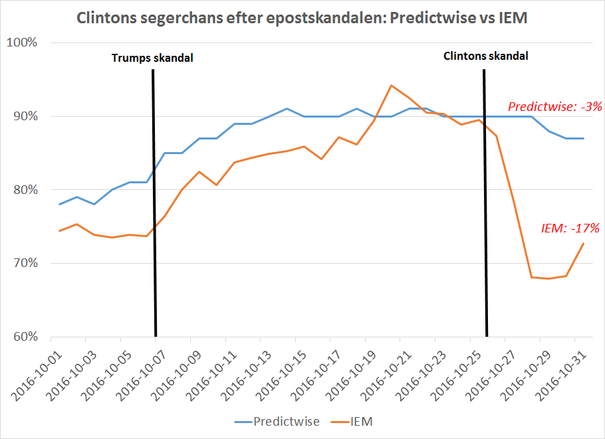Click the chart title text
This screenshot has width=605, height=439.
tap(302, 18)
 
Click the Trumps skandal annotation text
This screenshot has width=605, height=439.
tap(152, 58)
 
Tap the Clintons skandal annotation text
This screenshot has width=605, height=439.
tap(486, 56)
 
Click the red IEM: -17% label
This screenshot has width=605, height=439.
tap(571, 228)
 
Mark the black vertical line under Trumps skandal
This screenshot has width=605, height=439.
tap(154, 199)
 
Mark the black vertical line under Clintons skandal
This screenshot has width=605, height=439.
tap(485, 199)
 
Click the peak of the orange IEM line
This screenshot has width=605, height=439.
tap(391, 85)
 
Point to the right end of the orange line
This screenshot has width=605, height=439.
tap(584, 243)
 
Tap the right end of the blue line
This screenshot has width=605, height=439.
tap(584, 138)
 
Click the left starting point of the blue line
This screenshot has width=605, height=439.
tap(59, 204)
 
